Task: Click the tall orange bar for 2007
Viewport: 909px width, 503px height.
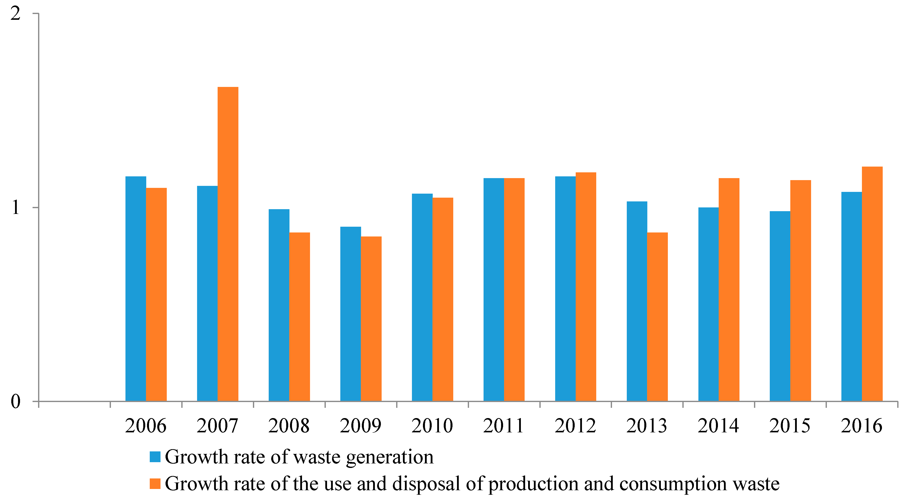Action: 228,243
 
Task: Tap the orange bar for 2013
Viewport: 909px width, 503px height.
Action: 657,317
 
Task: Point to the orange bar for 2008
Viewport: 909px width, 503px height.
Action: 299,317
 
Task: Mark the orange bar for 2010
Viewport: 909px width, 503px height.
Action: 443,299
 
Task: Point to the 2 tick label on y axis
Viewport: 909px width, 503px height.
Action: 15,14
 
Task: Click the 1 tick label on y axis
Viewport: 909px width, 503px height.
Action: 15,208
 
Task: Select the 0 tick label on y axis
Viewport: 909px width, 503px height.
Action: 15,401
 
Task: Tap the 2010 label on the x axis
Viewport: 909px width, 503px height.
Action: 432,426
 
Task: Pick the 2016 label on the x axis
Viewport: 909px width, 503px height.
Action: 861,426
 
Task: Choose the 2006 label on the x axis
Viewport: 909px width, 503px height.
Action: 145,426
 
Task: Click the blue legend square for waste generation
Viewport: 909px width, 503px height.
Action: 155,457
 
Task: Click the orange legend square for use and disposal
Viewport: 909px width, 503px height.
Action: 155,483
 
